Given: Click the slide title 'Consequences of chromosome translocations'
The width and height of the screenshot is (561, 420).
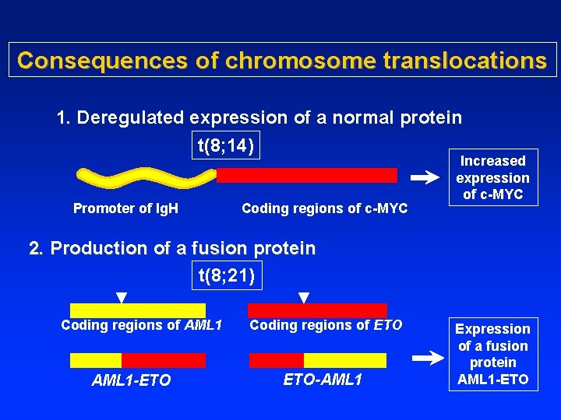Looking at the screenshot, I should point(281,60).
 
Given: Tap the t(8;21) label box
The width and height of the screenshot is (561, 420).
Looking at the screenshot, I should point(226,275).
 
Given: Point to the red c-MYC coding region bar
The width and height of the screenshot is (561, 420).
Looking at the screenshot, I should point(306,175).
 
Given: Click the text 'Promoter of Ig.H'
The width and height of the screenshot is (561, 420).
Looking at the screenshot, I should point(125,208).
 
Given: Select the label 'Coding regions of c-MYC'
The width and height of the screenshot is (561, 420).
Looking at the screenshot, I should point(324,208).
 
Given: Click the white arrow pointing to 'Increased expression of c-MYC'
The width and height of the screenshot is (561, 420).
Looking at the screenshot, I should point(425,178).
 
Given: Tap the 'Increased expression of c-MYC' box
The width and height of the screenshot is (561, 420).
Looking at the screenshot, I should point(492,177).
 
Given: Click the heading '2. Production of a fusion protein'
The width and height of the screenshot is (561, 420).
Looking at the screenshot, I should point(171,249).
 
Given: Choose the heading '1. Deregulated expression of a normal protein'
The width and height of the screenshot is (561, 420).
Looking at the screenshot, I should point(259,118).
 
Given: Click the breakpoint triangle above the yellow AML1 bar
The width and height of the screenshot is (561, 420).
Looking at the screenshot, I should point(122,297).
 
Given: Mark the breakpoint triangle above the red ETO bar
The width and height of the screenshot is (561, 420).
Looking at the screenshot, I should point(304,297).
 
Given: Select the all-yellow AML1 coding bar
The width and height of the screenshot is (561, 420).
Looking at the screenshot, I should point(138,310).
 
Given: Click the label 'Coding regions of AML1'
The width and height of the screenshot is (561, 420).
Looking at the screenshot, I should point(142,325).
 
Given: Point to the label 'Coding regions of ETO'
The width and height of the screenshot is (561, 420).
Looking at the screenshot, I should point(326,325).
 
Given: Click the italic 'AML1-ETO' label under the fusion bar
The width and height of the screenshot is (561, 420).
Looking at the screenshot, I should point(131,380).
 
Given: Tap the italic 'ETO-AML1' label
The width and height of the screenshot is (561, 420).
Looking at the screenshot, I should point(323,380).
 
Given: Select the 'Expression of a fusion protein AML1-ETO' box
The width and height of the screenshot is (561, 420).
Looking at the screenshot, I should point(492,354).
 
